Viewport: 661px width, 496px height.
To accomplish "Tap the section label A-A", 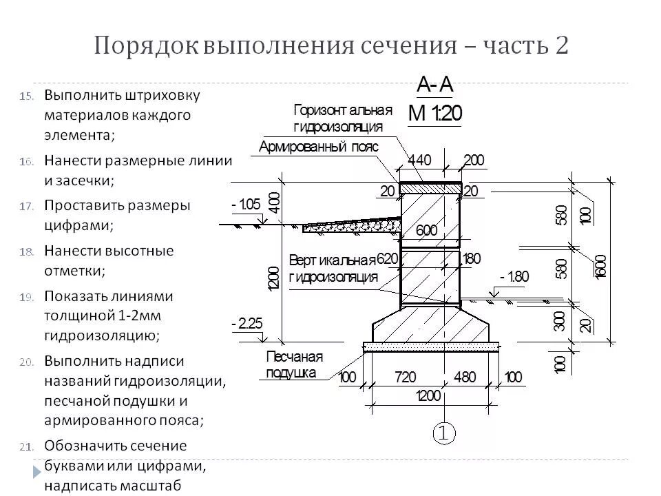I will (434, 85).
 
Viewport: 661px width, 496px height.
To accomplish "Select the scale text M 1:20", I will (434, 113).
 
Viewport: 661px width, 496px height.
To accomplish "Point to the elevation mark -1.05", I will (246, 205).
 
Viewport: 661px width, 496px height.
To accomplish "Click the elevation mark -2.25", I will (247, 324).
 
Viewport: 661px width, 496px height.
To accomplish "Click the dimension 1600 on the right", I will (601, 266).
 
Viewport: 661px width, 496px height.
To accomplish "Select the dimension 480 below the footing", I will (465, 378).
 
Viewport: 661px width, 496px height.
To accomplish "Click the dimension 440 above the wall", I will (419, 161).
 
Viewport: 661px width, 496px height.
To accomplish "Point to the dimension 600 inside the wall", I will (427, 231).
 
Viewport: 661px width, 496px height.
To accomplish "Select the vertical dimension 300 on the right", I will (559, 320).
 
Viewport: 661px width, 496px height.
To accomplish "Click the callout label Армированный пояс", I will (319, 147).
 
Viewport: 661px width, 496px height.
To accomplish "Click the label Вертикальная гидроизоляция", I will (333, 269).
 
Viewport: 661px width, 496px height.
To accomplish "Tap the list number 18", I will (26, 251).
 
